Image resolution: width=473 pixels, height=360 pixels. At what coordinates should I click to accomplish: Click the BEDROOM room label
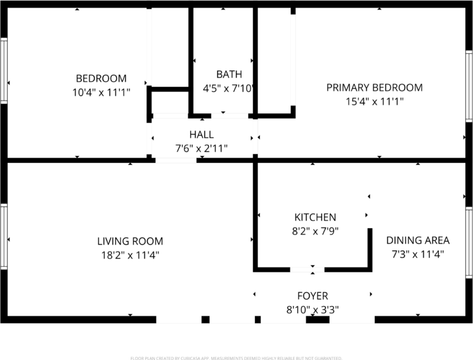101,79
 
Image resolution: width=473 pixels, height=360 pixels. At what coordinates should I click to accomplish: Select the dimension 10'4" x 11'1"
101,93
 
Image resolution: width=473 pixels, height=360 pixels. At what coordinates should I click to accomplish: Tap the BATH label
228,74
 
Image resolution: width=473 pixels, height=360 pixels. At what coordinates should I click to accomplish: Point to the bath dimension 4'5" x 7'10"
228,89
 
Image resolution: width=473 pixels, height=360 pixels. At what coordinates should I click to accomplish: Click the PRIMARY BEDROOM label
374,87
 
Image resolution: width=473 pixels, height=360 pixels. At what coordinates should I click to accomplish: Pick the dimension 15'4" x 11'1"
374,101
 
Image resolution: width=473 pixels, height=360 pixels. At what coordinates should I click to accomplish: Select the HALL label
202,134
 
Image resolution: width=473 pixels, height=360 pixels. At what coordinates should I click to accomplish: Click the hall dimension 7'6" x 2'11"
202,148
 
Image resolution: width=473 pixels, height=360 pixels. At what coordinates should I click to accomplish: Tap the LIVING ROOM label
130,241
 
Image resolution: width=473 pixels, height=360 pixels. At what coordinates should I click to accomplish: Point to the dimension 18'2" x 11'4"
130,255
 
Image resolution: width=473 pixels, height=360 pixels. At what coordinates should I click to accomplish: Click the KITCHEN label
315,217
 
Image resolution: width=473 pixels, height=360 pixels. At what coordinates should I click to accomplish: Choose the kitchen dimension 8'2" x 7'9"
315,231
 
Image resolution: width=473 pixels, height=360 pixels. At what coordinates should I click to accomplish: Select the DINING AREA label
418,240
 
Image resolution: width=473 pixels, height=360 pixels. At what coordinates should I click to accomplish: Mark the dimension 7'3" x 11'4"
418,254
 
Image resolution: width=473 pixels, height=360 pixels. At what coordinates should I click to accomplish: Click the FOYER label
313,296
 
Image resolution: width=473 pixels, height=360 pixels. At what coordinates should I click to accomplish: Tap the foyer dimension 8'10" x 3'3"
313,310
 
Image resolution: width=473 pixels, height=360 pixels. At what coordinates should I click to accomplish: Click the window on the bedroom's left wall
3,70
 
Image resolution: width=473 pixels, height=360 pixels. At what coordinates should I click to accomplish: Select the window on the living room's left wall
3,236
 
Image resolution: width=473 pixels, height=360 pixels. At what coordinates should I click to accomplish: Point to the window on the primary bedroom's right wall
469,86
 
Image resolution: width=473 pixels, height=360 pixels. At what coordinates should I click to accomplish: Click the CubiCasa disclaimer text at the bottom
236,357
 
